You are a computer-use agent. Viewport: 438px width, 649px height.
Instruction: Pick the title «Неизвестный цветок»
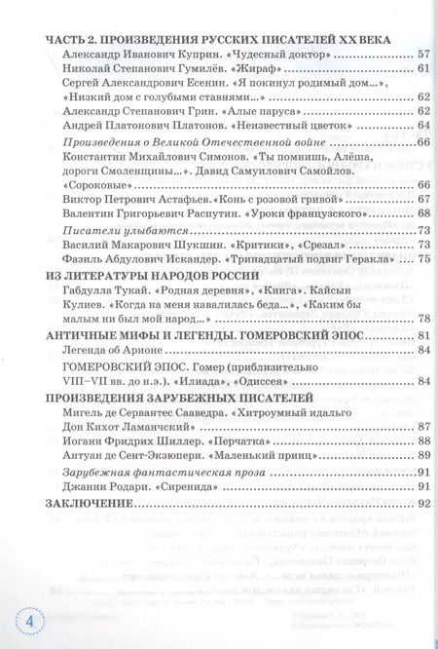[279, 126]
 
